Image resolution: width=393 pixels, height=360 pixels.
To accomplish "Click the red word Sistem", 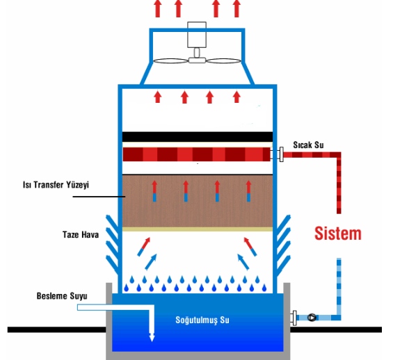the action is click(338, 234).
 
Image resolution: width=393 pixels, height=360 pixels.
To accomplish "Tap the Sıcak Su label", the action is click(308, 145).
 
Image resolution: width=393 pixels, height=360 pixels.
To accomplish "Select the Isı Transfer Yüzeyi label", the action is click(56, 185).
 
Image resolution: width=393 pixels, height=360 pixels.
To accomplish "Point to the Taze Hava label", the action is click(81, 235).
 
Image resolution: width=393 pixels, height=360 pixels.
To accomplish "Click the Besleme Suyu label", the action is click(62, 296).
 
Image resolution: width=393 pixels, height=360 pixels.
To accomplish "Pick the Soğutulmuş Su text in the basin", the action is click(202, 320).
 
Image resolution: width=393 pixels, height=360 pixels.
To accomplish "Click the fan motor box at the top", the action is click(197, 35).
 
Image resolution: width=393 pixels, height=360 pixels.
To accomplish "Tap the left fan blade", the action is click(170, 61).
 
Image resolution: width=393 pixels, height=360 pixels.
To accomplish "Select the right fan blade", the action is click(223, 61).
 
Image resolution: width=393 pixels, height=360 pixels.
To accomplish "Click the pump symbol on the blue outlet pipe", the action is click(312, 318).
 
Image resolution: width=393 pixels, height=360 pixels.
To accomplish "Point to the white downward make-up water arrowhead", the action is click(152, 338).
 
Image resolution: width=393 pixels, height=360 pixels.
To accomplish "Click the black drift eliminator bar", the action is click(198, 137).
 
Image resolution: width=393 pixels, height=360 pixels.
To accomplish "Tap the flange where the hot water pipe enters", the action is click(282, 154).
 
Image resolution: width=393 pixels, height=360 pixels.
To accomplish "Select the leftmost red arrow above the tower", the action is click(158, 9).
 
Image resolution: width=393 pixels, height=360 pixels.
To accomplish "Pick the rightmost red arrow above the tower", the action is click(236, 9).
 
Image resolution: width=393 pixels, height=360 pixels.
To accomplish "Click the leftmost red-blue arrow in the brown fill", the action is click(154, 191).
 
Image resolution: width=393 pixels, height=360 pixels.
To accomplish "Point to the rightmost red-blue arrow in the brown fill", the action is click(248, 191).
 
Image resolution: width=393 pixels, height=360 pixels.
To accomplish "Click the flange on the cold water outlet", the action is click(294, 318).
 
